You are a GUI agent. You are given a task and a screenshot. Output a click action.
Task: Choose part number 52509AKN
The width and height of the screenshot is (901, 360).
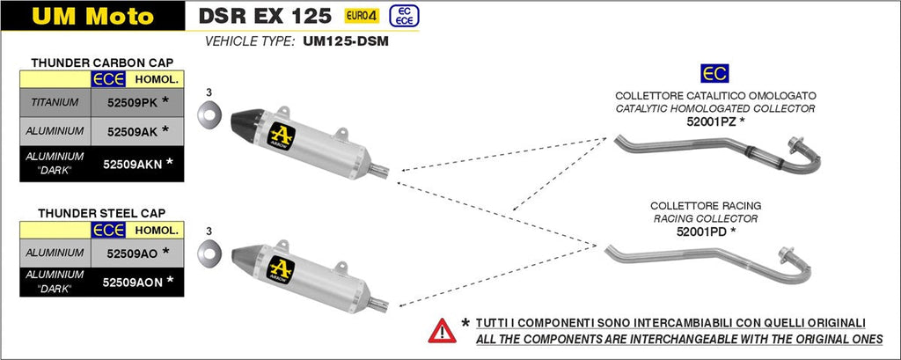tap(132, 163)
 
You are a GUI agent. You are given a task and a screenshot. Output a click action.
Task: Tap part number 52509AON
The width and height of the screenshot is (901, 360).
tap(132, 282)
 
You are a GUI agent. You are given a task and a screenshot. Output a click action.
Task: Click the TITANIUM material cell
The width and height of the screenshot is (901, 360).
tap(55, 103)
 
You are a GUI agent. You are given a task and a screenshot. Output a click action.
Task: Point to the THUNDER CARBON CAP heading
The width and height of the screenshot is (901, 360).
tap(101, 62)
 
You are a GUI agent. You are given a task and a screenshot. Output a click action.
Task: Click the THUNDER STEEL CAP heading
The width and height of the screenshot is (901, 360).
tap(101, 212)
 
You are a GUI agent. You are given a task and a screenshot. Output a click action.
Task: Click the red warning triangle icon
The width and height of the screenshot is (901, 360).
tap(442, 331)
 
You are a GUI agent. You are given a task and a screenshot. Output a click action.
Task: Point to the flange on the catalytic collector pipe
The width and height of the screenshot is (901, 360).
tap(797, 147)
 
